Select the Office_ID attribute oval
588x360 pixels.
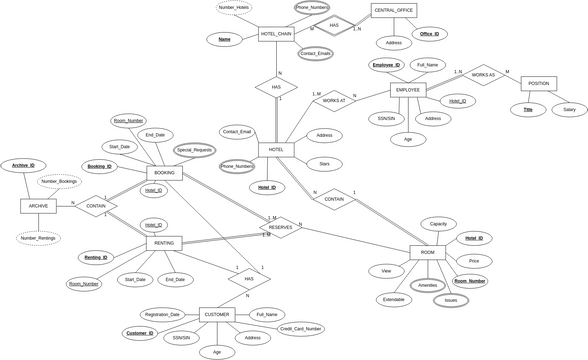430,34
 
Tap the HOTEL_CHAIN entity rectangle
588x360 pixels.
276,34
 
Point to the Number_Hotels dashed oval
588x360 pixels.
234,8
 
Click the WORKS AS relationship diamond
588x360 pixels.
483,75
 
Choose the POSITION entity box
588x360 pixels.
538,84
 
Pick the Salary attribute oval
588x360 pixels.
569,109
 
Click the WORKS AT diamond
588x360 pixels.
334,100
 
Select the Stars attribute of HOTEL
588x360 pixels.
324,164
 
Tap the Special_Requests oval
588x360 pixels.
195,150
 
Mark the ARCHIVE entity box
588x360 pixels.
38,206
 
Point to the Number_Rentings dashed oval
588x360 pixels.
38,238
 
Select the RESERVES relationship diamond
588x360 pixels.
281,228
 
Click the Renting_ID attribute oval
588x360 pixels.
97,257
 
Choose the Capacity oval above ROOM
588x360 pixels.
438,224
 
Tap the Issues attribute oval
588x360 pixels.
450,300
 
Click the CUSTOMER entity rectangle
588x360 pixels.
217,314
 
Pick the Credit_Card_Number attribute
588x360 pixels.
301,328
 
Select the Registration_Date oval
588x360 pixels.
161,314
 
